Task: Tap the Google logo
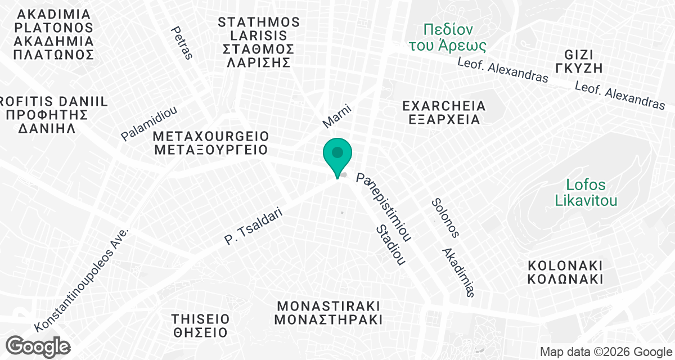[x=38, y=345]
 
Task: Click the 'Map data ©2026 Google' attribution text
[x=605, y=352]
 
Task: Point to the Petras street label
[x=183, y=43]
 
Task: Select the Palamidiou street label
[x=149, y=123]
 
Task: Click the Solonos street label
[x=445, y=217]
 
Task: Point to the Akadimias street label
[x=459, y=272]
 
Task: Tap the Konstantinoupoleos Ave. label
[x=82, y=280]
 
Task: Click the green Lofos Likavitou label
[x=586, y=192]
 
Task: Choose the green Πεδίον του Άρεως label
[x=455, y=37]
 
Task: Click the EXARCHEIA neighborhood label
[x=444, y=112]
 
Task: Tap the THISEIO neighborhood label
[x=200, y=326]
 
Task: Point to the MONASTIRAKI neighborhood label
[x=330, y=313]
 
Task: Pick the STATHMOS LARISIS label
[x=259, y=42]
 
